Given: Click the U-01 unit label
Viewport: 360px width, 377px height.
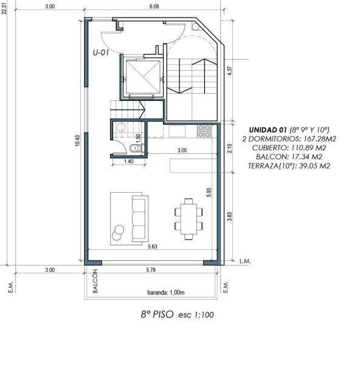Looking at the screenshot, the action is tap(101, 53).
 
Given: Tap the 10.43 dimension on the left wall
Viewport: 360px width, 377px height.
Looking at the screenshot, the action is tap(77, 140).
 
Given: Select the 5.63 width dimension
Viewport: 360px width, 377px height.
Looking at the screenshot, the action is tap(153, 246).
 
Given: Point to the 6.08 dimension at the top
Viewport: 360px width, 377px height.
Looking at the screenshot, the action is tap(154, 7).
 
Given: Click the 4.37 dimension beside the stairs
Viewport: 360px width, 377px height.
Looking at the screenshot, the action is tap(230, 71).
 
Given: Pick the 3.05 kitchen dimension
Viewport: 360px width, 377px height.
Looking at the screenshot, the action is tap(182, 150).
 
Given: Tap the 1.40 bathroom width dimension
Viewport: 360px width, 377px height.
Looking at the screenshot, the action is tap(129, 161).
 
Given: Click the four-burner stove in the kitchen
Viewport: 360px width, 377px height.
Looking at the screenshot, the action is tap(204, 131).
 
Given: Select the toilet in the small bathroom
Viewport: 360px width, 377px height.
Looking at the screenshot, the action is tap(134, 148).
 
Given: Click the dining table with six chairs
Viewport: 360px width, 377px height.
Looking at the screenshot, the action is tap(189, 219).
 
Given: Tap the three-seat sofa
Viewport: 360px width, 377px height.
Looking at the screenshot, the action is tap(140, 218).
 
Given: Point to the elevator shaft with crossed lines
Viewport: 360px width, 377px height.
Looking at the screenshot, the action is tap(143, 77).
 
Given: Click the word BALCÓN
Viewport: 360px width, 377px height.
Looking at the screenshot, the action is tap(95, 281).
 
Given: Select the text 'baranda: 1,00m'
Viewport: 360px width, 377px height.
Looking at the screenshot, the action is tap(166, 292).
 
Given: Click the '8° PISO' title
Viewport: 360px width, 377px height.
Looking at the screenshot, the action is tap(157, 314).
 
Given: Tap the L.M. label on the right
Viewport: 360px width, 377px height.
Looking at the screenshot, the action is tap(245, 261).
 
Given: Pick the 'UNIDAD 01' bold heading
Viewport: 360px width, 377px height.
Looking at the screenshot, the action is tap(268, 130).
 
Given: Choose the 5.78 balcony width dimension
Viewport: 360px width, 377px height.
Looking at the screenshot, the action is tap(151, 270).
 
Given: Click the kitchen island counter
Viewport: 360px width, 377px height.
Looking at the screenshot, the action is tap(193, 165).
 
